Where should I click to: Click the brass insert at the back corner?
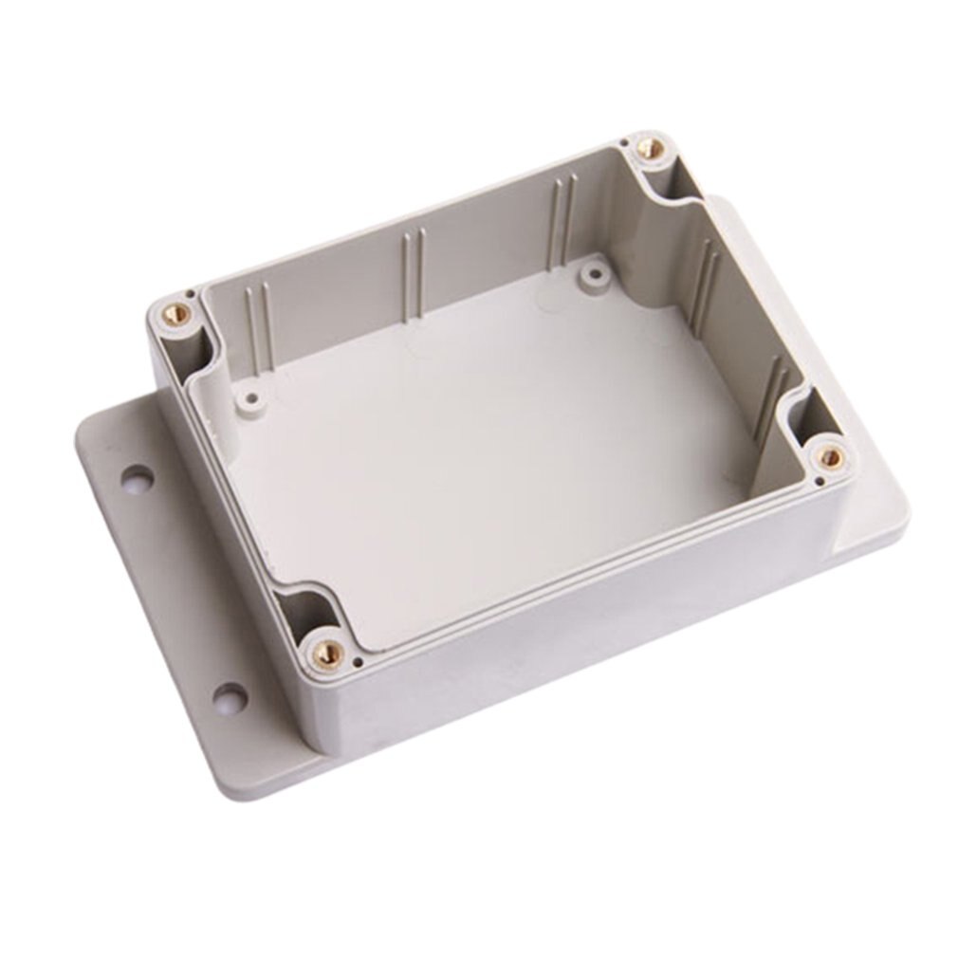pos(651,149)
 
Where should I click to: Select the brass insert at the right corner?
pos(831,457)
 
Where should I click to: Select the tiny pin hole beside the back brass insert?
pos(625,143)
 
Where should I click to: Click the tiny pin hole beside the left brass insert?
pos(189,294)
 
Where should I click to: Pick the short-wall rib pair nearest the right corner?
pos(773,389)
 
